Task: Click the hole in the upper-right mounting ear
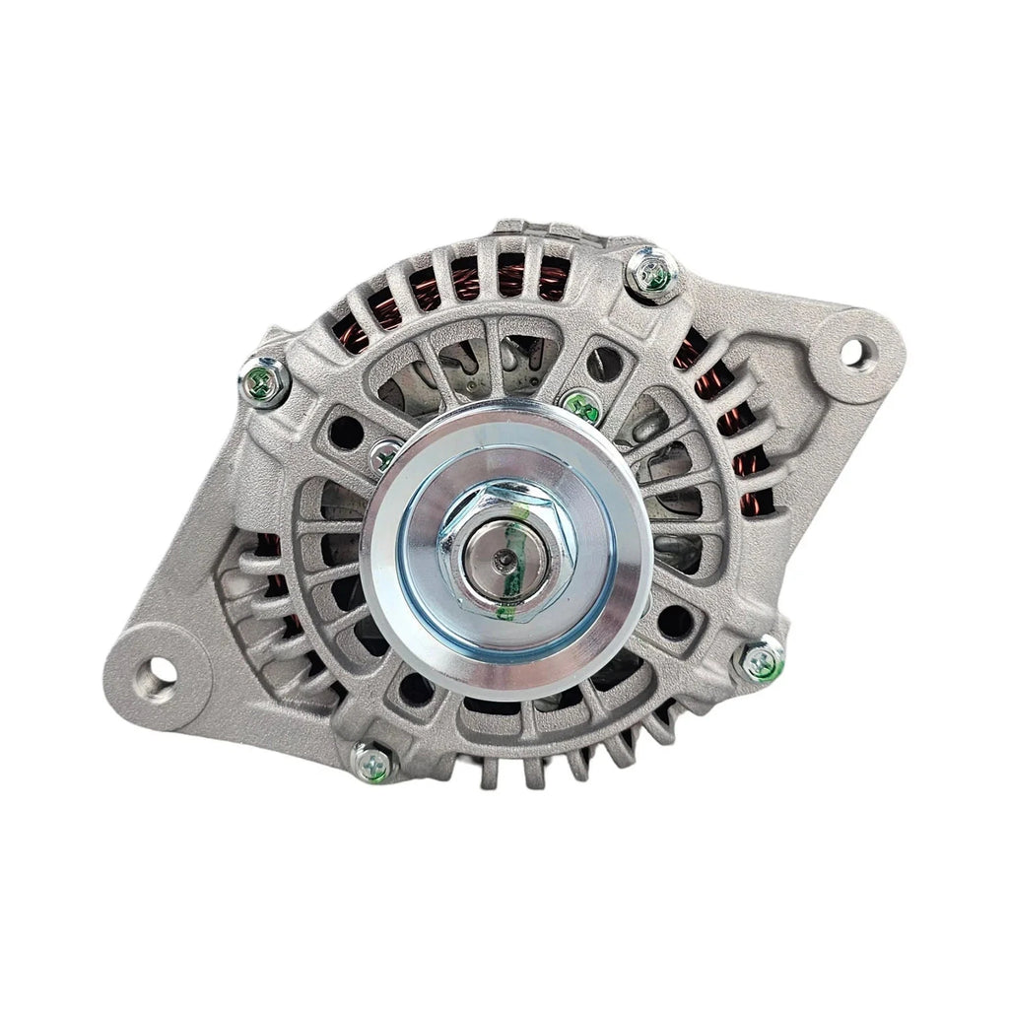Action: point(853,349)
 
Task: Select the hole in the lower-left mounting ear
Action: point(157,672)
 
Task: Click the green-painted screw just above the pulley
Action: point(581,403)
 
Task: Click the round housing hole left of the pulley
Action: point(344,431)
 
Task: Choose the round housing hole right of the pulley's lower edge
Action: point(675,621)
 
